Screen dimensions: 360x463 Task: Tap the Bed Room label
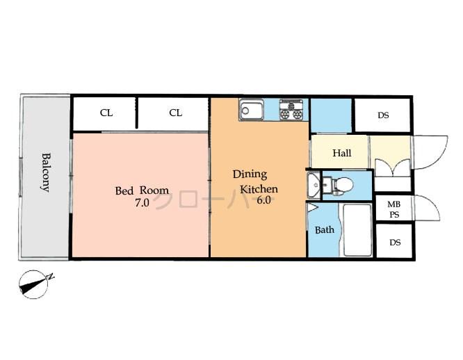pos(142,190)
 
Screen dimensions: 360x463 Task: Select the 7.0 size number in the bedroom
pos(142,202)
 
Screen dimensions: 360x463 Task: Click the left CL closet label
pos(106,113)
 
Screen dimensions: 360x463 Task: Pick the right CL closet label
pos(175,113)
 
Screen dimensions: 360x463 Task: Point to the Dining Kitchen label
pos(254,181)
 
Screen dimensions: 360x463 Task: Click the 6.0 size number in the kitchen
pos(264,202)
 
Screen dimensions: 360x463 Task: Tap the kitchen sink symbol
pos(252,110)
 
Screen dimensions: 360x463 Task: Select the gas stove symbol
pos(292,110)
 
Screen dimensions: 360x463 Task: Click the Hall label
pos(341,153)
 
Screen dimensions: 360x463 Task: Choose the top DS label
pos(383,115)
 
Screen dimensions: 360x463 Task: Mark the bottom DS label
pos(395,243)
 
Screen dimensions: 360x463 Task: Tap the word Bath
pos(325,230)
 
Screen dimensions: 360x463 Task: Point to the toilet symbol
pos(341,185)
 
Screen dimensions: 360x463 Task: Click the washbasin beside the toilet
pos(315,185)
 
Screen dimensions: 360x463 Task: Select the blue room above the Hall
pos(331,115)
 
